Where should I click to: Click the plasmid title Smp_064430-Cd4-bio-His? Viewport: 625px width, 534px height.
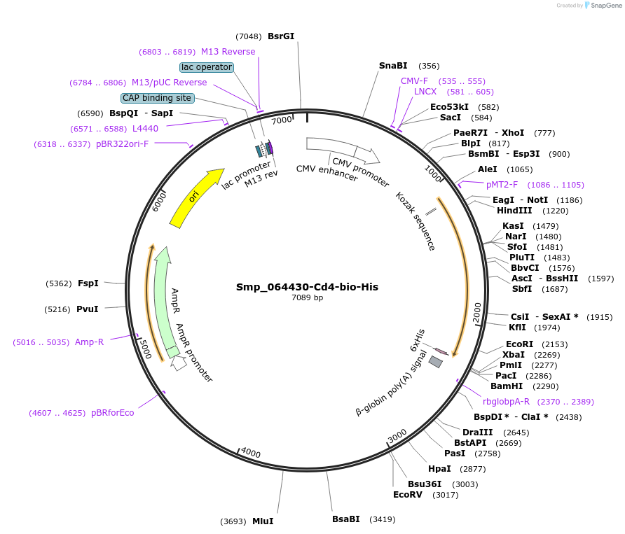point(307,287)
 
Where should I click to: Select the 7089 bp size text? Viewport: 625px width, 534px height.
point(307,298)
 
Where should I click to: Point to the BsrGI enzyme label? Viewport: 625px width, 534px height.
point(281,36)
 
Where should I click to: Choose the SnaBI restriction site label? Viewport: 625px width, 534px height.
point(393,66)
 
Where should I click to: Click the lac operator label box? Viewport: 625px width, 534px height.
point(206,67)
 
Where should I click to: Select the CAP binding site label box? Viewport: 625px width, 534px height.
point(157,98)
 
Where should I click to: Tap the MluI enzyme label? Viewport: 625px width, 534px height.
point(263,521)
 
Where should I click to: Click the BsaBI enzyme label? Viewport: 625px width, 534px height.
point(345,519)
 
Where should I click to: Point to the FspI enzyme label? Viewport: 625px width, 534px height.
point(88,283)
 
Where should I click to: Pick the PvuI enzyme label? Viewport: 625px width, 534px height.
point(88,309)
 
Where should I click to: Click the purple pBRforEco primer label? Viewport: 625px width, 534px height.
point(112,413)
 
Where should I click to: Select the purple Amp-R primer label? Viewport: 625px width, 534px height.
point(89,342)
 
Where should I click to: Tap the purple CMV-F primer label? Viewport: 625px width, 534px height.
point(414,81)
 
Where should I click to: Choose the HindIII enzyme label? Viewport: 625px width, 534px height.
point(514,211)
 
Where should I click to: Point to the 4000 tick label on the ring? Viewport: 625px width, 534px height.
point(250,452)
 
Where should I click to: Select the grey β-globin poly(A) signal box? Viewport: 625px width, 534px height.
point(436,362)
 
